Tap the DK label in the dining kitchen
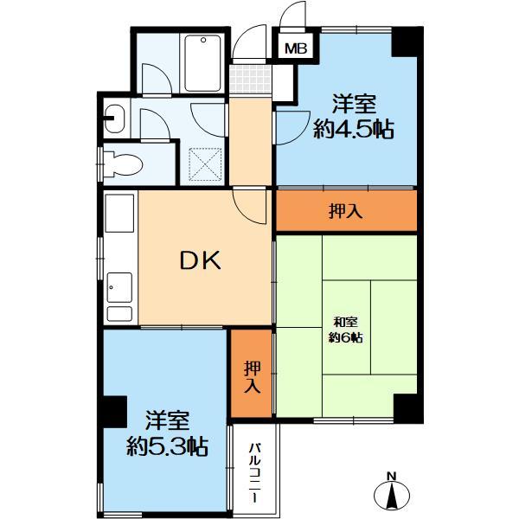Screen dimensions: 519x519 pyautogui.click(x=201, y=259)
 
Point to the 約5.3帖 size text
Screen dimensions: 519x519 pyautogui.click(x=166, y=446)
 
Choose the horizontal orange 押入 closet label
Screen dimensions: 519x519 pyautogui.click(x=346, y=211)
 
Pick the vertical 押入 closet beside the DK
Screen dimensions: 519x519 pyautogui.click(x=252, y=375)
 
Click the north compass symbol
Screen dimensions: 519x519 pyautogui.click(x=391, y=497)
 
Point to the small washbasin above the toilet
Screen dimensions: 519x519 pyautogui.click(x=115, y=113)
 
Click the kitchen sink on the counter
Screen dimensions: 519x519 pyautogui.click(x=119, y=285)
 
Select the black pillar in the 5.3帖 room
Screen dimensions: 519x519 pyautogui.click(x=112, y=410)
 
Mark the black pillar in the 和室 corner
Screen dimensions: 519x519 pyautogui.click(x=405, y=406)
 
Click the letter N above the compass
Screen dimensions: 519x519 pyautogui.click(x=391, y=475)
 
